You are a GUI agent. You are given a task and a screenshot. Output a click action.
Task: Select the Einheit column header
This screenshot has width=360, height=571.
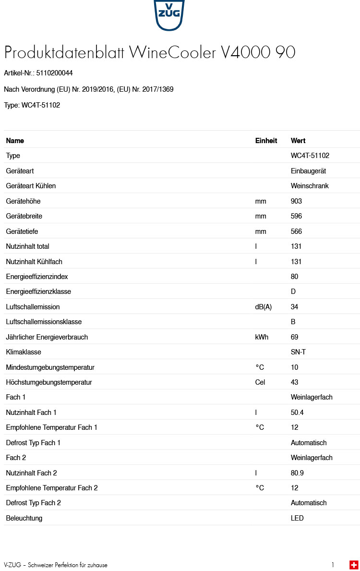pyautogui.click(x=266, y=141)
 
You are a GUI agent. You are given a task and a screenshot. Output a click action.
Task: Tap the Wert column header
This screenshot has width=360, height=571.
pyautogui.click(x=298, y=141)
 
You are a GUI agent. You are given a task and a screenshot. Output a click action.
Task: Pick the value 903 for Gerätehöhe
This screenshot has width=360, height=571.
pyautogui.click(x=296, y=201)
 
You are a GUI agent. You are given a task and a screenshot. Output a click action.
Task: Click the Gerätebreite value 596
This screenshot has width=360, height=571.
pyautogui.click(x=296, y=216)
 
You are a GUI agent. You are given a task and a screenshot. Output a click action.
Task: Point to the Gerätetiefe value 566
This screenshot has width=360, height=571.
pyautogui.click(x=296, y=231)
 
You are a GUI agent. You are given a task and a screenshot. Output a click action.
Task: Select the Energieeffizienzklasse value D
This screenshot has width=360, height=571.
pyautogui.click(x=293, y=292)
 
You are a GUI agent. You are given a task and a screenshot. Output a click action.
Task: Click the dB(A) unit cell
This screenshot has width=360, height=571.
pyautogui.click(x=263, y=307)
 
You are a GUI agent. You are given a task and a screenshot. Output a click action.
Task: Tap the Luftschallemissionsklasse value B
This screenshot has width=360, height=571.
pyautogui.click(x=293, y=322)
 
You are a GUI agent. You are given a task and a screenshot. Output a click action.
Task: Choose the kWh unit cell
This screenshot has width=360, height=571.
pyautogui.click(x=262, y=337)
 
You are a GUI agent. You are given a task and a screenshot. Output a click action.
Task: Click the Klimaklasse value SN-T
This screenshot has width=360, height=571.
pyautogui.click(x=298, y=352)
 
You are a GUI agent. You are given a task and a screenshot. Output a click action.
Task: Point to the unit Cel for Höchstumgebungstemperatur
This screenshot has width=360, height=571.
pyautogui.click(x=260, y=382)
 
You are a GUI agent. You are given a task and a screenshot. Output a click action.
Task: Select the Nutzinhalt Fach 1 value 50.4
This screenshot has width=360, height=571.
pyautogui.click(x=297, y=413)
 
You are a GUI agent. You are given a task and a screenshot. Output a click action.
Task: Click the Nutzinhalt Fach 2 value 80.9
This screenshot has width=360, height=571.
pyautogui.click(x=297, y=473)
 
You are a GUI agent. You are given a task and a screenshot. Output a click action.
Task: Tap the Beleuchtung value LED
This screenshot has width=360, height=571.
pyautogui.click(x=297, y=518)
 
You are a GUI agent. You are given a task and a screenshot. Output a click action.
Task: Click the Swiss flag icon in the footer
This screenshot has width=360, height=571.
pyautogui.click(x=354, y=565)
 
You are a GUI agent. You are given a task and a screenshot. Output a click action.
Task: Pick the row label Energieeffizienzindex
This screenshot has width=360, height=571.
pyautogui.click(x=37, y=277)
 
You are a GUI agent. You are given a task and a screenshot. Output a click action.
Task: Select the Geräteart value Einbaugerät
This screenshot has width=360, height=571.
pyautogui.click(x=308, y=171)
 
